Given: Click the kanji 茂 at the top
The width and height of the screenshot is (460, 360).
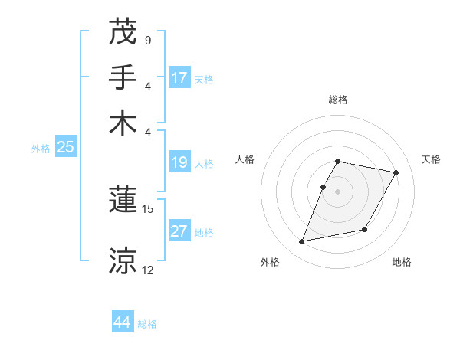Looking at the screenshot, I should (123, 32).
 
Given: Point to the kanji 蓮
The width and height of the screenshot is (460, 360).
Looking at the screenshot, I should (123, 201).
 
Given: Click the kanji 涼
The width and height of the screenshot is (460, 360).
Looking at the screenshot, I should (123, 260).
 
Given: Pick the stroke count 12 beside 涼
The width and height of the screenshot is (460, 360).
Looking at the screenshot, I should (148, 270).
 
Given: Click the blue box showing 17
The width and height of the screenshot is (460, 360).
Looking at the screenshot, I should (179, 78).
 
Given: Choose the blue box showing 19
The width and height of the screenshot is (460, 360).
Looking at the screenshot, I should (179, 162).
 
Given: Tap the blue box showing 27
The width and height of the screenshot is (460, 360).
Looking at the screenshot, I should (179, 232).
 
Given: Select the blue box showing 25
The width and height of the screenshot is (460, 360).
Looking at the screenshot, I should (65, 148).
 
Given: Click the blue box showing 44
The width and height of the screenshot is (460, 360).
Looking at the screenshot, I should (123, 322).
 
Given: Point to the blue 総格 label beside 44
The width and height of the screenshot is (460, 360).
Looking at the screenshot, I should (147, 324).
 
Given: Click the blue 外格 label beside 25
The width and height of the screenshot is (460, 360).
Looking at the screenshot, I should (41, 149).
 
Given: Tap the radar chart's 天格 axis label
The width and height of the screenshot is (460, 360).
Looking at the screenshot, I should (431, 159).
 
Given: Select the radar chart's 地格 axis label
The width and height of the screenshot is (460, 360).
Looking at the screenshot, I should (402, 263).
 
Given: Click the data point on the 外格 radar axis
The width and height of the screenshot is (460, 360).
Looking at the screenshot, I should (302, 242).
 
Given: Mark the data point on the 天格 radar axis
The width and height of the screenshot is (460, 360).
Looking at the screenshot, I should (396, 173).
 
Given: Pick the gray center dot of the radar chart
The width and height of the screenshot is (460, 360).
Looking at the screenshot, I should (338, 191).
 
